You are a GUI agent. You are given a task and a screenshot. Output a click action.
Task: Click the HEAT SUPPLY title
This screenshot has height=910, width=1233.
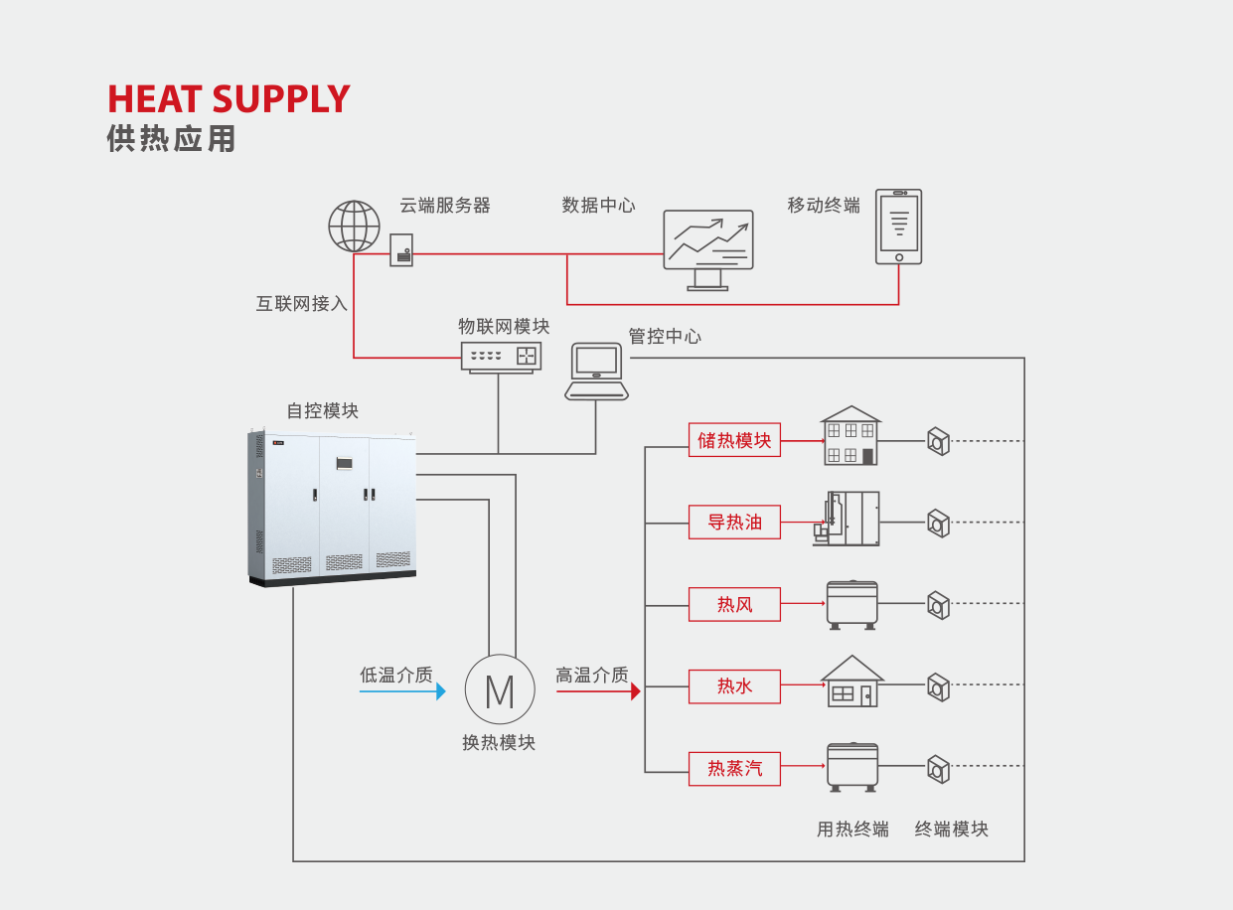(x=229, y=99)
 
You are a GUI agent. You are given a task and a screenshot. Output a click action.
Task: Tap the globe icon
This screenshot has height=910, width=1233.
(x=354, y=227)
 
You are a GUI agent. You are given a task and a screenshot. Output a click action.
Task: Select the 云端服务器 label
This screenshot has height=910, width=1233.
(x=444, y=206)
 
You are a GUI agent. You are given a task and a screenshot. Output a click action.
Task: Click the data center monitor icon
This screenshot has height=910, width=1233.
(x=707, y=248)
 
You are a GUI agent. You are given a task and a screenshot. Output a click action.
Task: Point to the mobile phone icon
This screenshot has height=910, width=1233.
(x=898, y=227)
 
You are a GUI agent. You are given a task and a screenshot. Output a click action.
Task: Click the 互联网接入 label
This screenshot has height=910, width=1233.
(x=301, y=304)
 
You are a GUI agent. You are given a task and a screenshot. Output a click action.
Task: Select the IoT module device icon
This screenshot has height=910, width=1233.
(x=501, y=356)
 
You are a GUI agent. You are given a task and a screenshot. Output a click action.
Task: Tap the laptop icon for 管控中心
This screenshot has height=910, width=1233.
(x=596, y=371)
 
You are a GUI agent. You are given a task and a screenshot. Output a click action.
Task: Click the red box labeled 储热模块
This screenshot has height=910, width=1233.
(x=734, y=440)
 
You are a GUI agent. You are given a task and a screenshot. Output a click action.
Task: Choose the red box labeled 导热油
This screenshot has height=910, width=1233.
(x=734, y=522)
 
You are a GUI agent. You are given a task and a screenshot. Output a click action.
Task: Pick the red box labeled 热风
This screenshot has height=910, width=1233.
(x=734, y=604)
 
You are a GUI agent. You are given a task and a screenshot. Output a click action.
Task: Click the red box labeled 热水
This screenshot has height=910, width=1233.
(x=734, y=685)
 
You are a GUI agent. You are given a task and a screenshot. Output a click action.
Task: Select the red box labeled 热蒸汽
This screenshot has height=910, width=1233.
(x=734, y=768)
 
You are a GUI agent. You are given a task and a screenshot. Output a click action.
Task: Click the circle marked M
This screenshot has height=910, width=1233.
(x=500, y=689)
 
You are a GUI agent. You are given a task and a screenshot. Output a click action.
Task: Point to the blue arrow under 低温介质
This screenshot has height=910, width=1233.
(x=402, y=691)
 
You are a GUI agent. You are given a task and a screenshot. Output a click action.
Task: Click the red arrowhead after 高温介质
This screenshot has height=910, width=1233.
(x=636, y=691)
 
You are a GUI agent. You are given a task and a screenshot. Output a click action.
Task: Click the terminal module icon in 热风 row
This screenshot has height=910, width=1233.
(x=938, y=604)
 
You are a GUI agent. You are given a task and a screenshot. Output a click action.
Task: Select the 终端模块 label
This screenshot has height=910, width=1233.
(x=951, y=829)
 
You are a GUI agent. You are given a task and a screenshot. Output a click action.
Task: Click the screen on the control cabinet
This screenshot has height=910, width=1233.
(x=344, y=462)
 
